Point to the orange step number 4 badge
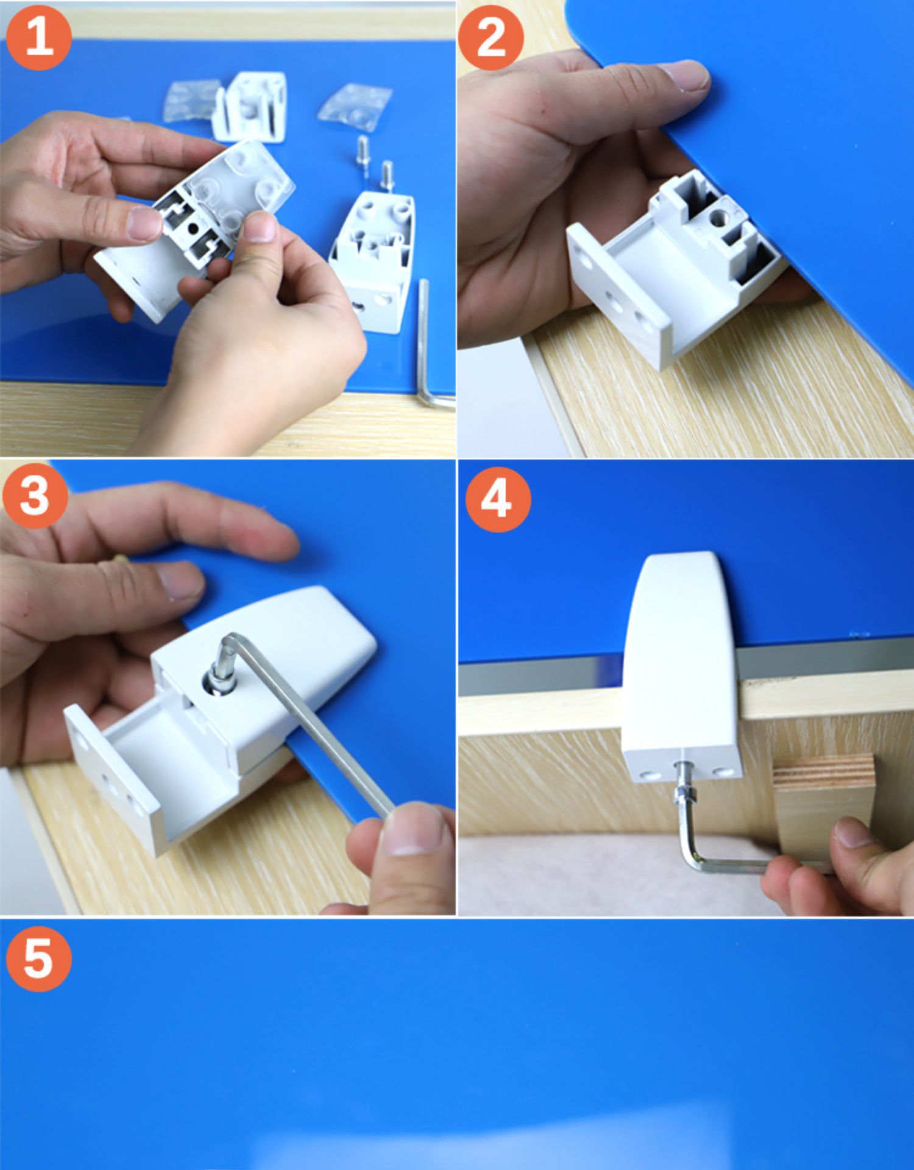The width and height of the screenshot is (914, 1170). click(498, 499)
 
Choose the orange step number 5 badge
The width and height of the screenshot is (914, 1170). click(38, 958)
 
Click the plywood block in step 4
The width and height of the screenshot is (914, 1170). click(823, 804)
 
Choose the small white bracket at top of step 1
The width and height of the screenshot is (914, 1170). click(249, 107)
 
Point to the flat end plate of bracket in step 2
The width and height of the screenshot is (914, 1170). click(615, 292)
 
